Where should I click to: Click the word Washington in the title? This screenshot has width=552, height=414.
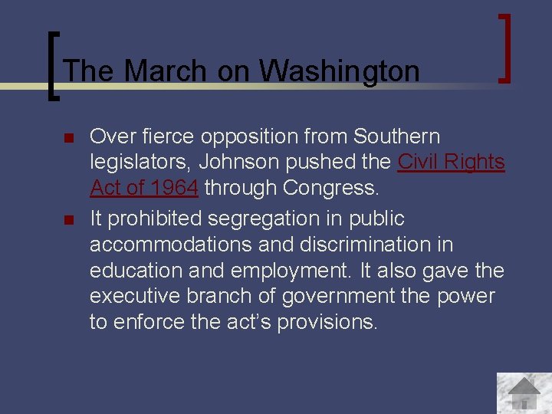(339, 71)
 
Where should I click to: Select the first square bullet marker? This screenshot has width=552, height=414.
(67, 139)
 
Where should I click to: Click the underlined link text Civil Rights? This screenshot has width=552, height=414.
(451, 163)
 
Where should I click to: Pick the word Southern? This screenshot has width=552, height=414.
(396, 136)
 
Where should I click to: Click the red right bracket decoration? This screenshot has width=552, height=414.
(504, 48)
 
